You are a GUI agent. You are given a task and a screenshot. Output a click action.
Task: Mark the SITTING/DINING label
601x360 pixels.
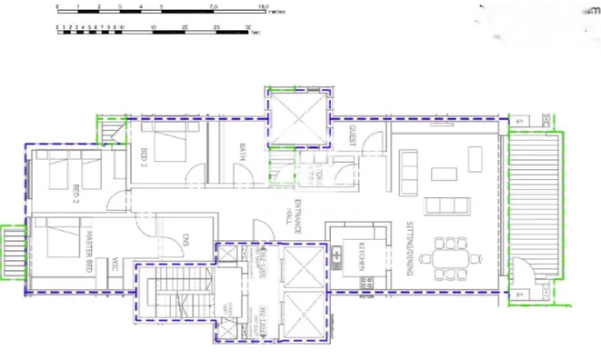tap(410, 247)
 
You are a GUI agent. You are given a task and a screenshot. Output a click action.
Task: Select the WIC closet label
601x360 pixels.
tap(116, 266)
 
